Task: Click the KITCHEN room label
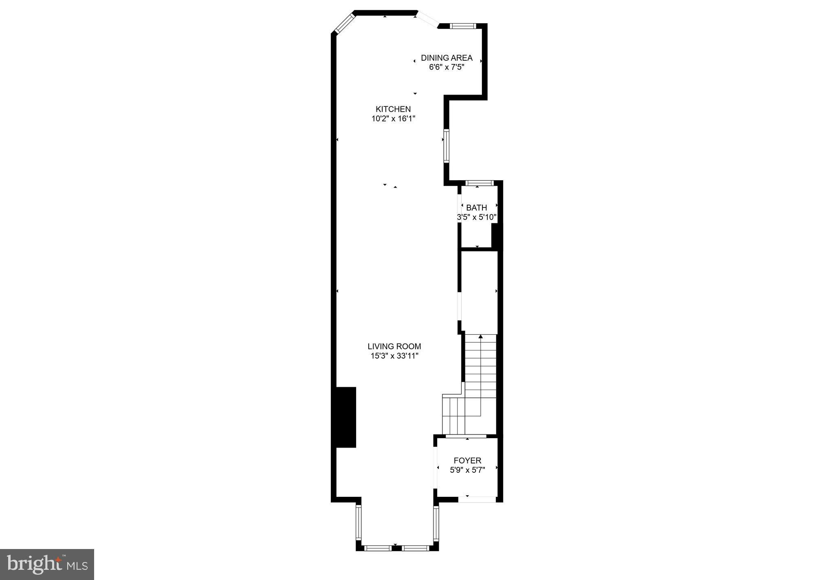pyautogui.click(x=393, y=109)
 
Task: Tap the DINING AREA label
pyautogui.click(x=447, y=58)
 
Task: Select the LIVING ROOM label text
pyautogui.click(x=394, y=346)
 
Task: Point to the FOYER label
pyautogui.click(x=467, y=461)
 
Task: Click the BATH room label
pyautogui.click(x=477, y=208)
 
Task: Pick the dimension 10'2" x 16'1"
pyautogui.click(x=393, y=119)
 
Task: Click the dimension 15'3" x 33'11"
pyautogui.click(x=394, y=356)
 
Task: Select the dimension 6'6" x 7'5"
pyautogui.click(x=447, y=67)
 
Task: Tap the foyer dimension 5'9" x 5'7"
pyautogui.click(x=467, y=470)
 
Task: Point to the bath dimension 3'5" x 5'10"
pyautogui.click(x=477, y=217)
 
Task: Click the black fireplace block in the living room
pyautogui.click(x=345, y=417)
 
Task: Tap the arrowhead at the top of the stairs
pyautogui.click(x=481, y=337)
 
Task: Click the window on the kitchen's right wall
pyautogui.click(x=447, y=146)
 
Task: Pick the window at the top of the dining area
pyautogui.click(x=463, y=26)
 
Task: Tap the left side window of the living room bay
pyautogui.click(x=359, y=523)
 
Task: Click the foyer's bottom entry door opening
pyautogui.click(x=477, y=499)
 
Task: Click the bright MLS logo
pyautogui.click(x=47, y=565)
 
